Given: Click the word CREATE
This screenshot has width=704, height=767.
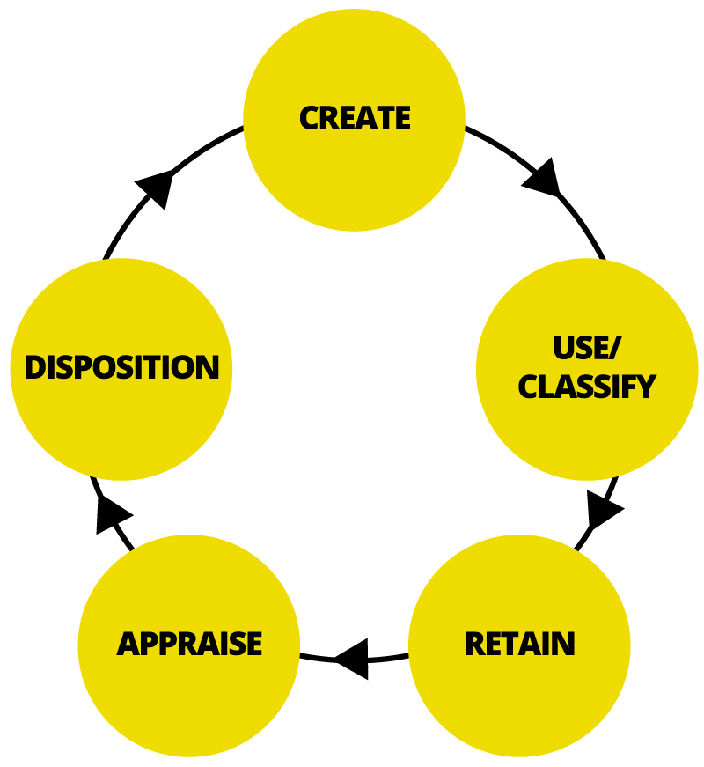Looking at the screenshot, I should [x=355, y=118].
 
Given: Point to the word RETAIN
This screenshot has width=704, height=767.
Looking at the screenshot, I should [x=520, y=644].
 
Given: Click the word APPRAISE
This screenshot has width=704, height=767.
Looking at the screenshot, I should [x=189, y=644].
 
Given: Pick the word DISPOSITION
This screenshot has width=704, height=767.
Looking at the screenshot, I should [x=121, y=367].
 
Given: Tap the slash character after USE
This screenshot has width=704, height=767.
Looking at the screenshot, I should [x=614, y=348].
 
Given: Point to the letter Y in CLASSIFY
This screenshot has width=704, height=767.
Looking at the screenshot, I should [x=646, y=387].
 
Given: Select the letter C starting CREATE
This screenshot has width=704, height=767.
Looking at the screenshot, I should [x=310, y=118].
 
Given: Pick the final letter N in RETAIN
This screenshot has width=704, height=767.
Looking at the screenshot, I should [x=564, y=644].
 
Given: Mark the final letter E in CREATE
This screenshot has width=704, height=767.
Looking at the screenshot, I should [x=401, y=118].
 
